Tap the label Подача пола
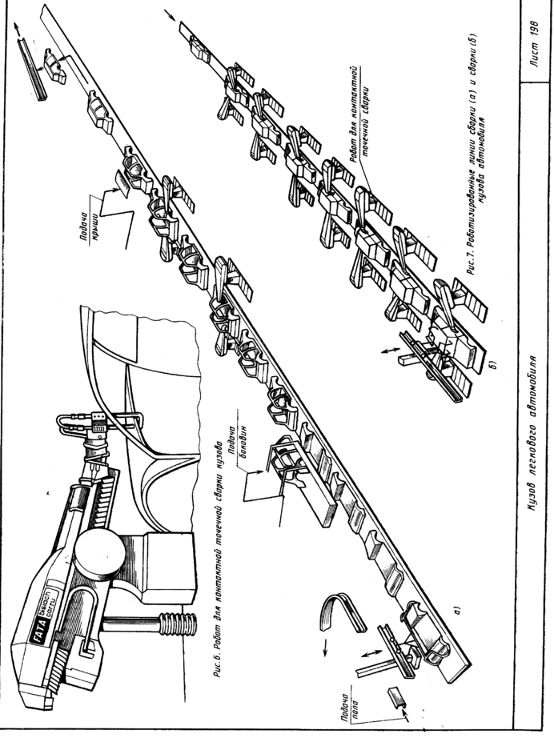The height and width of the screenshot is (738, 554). (350, 707)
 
